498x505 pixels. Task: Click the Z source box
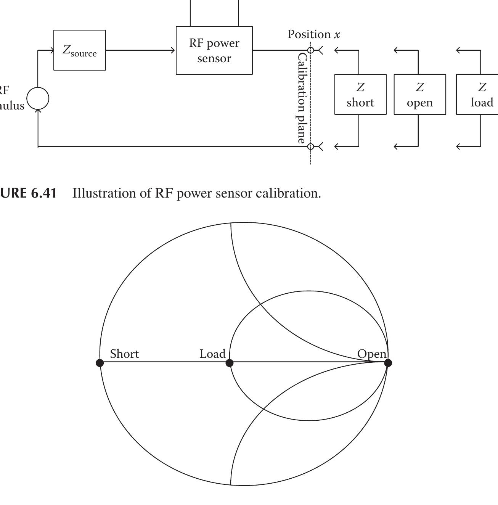click(x=80, y=50)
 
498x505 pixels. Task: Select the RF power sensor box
click(x=214, y=50)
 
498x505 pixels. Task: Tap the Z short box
click(x=360, y=95)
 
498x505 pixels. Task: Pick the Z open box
click(x=419, y=95)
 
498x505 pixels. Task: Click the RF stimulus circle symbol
click(x=38, y=98)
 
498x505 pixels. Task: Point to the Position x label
click(x=314, y=34)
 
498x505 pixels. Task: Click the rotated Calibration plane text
click(x=302, y=98)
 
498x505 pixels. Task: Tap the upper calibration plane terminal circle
click(x=311, y=50)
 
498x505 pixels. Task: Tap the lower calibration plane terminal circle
click(x=311, y=146)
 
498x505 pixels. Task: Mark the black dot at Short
click(x=100, y=363)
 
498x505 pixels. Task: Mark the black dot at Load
click(x=229, y=363)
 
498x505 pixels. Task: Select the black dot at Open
click(x=388, y=363)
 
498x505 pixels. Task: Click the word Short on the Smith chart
click(x=124, y=354)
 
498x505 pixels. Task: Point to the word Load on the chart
click(x=212, y=354)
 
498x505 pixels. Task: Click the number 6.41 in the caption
click(x=44, y=193)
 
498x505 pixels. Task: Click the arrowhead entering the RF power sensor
click(x=173, y=50)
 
